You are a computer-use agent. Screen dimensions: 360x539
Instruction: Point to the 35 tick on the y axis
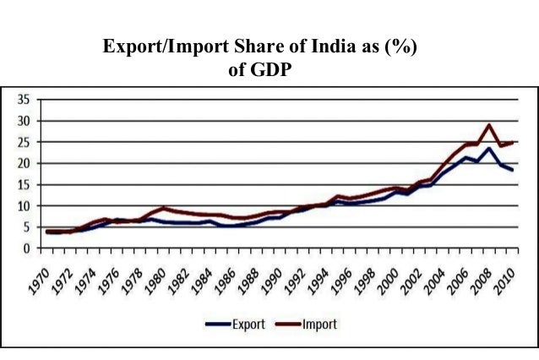tap(23, 100)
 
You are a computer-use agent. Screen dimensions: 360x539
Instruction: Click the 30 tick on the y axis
tap(23, 121)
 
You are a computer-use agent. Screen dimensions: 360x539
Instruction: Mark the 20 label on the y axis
tap(23, 163)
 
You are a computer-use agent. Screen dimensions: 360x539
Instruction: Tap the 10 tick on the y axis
tap(23, 206)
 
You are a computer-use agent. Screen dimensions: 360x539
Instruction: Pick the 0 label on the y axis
tap(26, 248)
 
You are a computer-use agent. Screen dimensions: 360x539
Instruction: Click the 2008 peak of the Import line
tap(488, 125)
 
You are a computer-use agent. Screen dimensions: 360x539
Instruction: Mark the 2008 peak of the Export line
tap(488, 149)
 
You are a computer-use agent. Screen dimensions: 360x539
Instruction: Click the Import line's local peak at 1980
tap(164, 208)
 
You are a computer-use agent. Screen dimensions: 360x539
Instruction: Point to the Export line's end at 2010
tap(512, 170)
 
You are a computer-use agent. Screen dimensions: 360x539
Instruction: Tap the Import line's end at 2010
tap(512, 142)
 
